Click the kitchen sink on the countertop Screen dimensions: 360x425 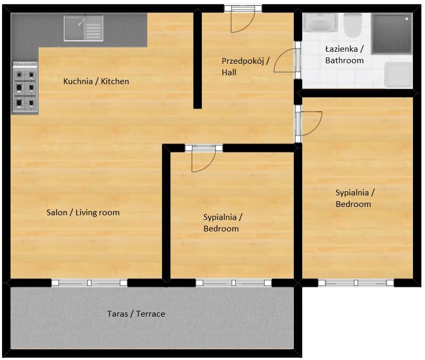coord(84,28)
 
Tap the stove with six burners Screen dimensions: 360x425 coord(25,87)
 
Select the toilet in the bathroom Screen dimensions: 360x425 coord(353,25)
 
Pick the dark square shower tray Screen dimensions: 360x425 coord(392,33)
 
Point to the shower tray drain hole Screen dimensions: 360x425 coord(405,19)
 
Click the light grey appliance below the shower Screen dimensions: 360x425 coord(398,75)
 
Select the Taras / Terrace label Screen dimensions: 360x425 coord(136,314)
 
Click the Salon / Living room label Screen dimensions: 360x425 coord(83,213)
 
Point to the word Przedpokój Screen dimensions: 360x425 coord(243,61)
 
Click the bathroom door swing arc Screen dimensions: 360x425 coord(285,60)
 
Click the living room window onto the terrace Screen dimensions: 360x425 coord(89,283)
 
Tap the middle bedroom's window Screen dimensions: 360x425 coord(234,283)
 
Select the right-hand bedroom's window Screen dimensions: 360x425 coord(355,283)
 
